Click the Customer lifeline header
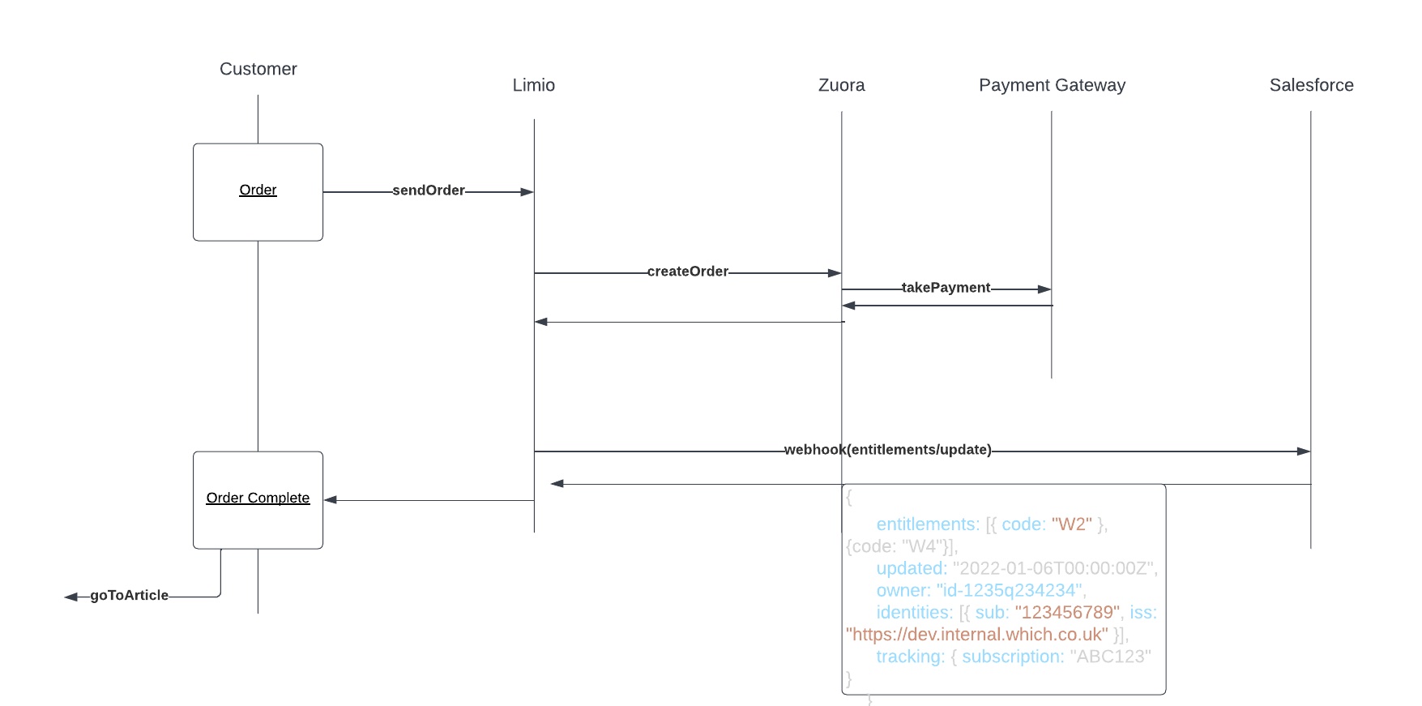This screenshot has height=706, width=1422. coord(258,70)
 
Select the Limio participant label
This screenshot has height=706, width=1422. coord(533,86)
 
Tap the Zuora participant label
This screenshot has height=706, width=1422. coord(841,86)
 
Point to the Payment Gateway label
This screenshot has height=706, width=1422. coord(1052,86)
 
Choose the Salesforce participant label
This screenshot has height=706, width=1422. coord(1311,86)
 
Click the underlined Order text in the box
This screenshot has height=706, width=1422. coord(258,190)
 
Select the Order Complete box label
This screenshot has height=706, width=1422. coord(258,498)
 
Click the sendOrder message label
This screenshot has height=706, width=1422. coord(428,190)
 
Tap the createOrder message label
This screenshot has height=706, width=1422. coord(687,272)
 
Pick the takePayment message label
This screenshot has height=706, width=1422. coord(946,288)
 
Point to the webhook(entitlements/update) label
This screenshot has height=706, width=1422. coord(887,450)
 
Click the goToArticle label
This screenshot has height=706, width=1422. coord(129,596)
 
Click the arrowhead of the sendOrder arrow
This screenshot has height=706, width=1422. coord(527,192)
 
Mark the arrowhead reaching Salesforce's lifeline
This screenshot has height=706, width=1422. coord(1304,451)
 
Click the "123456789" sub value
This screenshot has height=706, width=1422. coord(1066,613)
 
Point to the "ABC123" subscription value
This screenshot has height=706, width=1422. coord(1109,657)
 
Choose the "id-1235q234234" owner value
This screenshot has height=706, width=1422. coord(1009,591)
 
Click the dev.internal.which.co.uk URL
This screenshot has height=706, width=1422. coord(976,635)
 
